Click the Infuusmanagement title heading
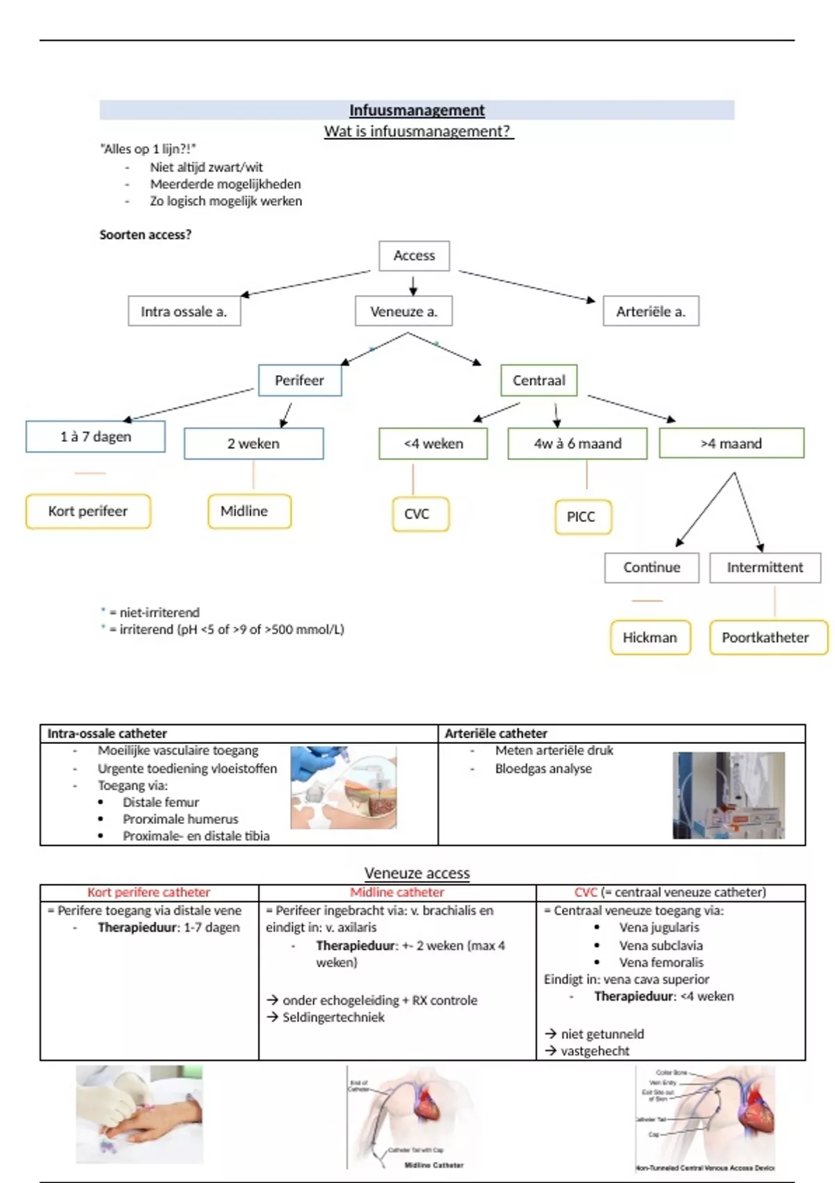[x=417, y=110]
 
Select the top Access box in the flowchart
[x=414, y=255]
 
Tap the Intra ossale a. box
[x=184, y=311]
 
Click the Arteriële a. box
[x=651, y=311]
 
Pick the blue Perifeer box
[x=300, y=380]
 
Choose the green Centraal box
[x=539, y=380]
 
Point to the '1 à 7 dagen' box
[x=95, y=436]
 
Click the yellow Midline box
[x=249, y=511]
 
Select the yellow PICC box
[x=582, y=516]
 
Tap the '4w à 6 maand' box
[x=578, y=443]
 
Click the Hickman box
[x=650, y=637]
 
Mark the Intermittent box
[x=765, y=567]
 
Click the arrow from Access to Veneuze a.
[x=413, y=285]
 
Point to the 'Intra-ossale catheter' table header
[x=107, y=733]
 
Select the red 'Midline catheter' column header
[x=397, y=892]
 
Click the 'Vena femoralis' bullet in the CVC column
[x=661, y=962]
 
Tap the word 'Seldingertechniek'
[x=333, y=1017]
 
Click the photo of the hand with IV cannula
[x=139, y=1113]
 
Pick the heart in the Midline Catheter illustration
[x=427, y=1099]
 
